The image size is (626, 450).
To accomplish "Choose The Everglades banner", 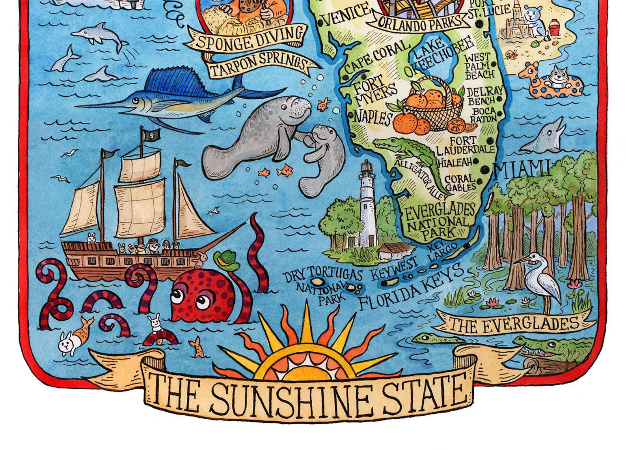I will [x=514, y=324].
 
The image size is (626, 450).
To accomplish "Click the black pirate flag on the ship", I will [x=151, y=135].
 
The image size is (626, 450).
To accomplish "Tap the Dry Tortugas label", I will [x=322, y=274].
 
